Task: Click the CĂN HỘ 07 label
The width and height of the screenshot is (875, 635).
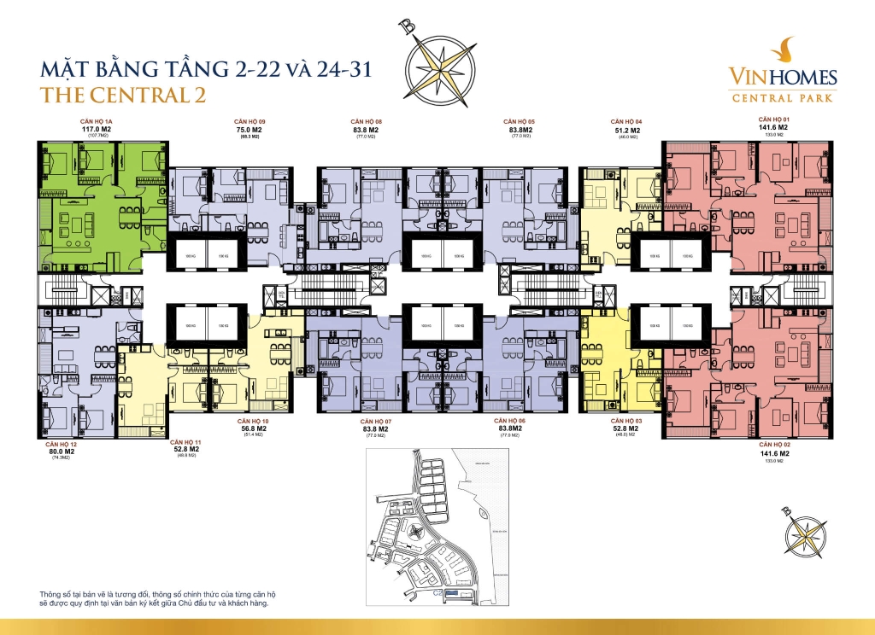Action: click(x=376, y=422)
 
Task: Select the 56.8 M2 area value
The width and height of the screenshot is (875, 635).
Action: click(x=253, y=429)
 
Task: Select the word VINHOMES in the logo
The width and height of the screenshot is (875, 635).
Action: click(x=783, y=79)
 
